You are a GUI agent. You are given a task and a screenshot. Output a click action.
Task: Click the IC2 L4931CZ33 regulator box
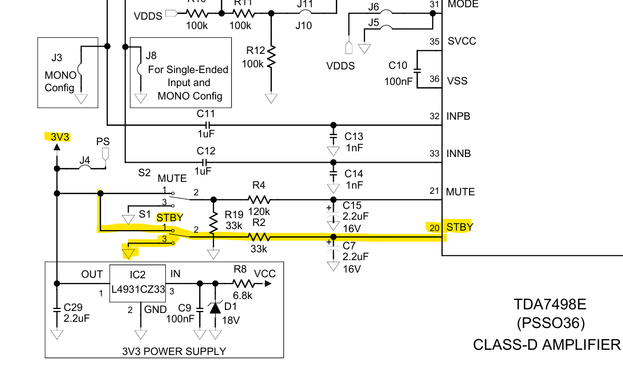(137, 285)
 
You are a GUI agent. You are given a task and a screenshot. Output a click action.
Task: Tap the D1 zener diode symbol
(216, 308)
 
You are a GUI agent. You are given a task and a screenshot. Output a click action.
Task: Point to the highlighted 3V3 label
(60, 137)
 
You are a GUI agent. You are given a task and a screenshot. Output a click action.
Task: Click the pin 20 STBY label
(459, 227)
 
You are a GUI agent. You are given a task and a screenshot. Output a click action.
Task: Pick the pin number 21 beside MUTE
(434, 192)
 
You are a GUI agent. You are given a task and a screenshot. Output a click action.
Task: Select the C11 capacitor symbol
(207, 125)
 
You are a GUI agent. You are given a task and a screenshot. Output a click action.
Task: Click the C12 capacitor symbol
(207, 162)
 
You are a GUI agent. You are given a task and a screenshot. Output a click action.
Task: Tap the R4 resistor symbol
(259, 200)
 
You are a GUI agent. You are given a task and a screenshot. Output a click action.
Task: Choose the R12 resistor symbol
(271, 57)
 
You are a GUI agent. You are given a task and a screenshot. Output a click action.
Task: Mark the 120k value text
(259, 212)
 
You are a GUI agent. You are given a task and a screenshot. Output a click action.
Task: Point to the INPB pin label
(459, 116)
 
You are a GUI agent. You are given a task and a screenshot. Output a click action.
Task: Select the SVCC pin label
(462, 41)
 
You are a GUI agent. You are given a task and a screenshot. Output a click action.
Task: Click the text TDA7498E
(550, 304)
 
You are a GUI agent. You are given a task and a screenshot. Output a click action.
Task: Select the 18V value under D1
(231, 320)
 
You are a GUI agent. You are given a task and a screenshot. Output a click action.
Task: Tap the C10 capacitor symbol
(418, 70)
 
